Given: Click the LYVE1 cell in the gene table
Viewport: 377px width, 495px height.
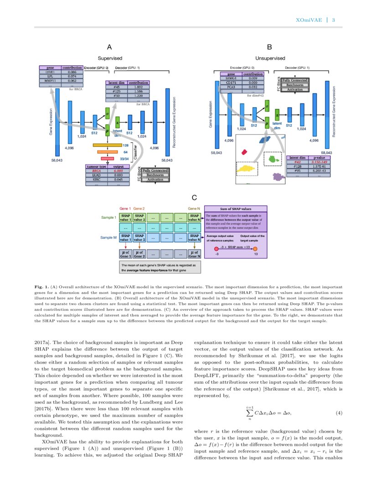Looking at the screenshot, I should (x=50, y=72).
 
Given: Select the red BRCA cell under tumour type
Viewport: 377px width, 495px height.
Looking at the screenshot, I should (x=96, y=170).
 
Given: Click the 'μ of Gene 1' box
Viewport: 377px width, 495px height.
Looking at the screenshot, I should (x=126, y=254).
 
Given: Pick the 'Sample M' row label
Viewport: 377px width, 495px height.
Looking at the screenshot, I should (x=109, y=237).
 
